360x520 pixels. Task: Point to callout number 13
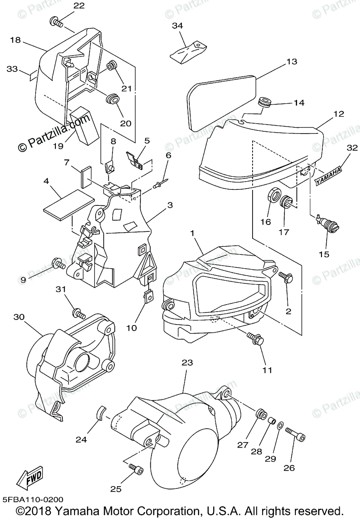(292, 62)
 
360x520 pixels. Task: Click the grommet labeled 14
(264, 103)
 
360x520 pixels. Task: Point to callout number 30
(18, 317)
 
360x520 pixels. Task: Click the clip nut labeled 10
(148, 296)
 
